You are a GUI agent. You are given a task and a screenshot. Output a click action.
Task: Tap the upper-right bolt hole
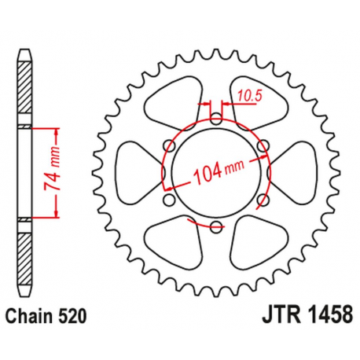(262, 146)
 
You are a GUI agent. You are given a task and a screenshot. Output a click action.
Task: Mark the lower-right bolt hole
(262, 200)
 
